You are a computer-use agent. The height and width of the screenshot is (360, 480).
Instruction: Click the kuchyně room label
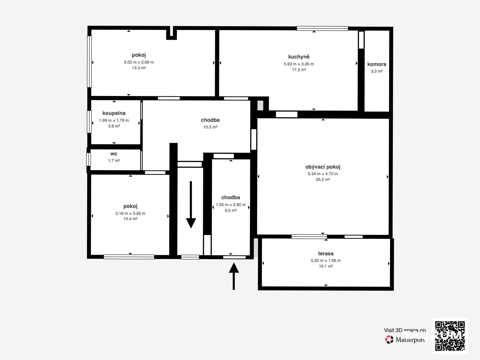pyautogui.click(x=299, y=57)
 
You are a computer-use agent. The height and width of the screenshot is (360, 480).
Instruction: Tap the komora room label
pyautogui.click(x=376, y=64)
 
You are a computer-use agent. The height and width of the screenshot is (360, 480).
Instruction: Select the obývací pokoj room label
pyautogui.click(x=323, y=167)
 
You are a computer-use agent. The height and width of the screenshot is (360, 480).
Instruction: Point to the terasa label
pyautogui.click(x=325, y=253)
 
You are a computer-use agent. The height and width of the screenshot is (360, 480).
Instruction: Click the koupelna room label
pyautogui.click(x=114, y=113)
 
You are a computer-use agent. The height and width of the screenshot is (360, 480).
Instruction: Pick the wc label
pyautogui.click(x=114, y=154)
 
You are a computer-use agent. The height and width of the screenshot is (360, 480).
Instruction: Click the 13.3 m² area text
pyautogui.click(x=139, y=68)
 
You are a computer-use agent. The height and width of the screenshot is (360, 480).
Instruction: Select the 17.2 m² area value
pyautogui.click(x=299, y=70)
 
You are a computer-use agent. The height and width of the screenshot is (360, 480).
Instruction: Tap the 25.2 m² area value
pyautogui.click(x=323, y=179)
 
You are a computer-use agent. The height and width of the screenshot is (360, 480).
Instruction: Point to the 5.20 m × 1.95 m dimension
pyautogui.click(x=325, y=260)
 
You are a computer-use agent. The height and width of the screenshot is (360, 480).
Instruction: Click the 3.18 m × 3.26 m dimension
pyautogui.click(x=130, y=213)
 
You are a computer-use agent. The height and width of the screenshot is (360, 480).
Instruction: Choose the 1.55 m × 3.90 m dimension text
pyautogui.click(x=231, y=205)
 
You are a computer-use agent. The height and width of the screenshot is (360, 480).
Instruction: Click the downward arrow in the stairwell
pyautogui.click(x=191, y=205)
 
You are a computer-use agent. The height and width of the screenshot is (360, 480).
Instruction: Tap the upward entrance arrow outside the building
pyautogui.click(x=234, y=276)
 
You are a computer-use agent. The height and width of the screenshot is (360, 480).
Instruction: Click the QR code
pyautogui.click(x=450, y=336)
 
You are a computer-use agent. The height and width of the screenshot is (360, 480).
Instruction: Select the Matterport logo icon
pyautogui.click(x=389, y=340)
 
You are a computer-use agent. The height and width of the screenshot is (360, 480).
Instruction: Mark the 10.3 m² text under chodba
pyautogui.click(x=210, y=127)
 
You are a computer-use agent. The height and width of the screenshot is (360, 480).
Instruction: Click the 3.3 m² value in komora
pyautogui.click(x=376, y=71)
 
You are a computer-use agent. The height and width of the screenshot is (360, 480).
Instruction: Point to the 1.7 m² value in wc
pyautogui.click(x=114, y=161)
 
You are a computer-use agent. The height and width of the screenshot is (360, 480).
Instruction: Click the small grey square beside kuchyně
pyautogui.click(x=260, y=105)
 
